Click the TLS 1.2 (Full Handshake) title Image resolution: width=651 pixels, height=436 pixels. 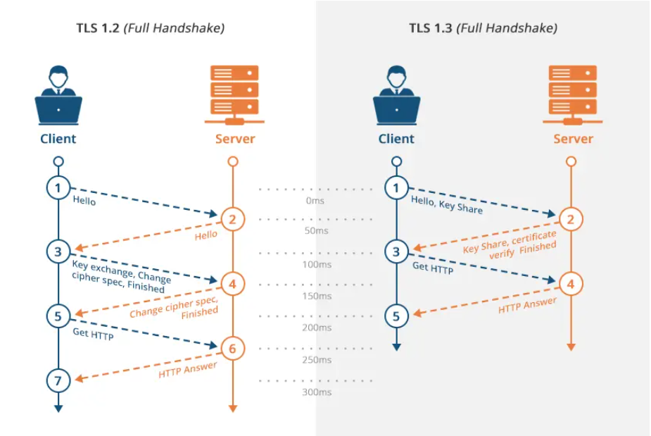[151, 28]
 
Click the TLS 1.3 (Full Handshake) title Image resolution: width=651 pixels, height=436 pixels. [483, 28]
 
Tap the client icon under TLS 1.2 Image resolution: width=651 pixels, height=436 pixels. [58, 94]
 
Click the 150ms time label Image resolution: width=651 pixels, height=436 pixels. [316, 296]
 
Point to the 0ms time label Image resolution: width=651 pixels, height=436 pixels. [316, 201]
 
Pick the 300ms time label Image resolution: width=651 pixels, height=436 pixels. [316, 392]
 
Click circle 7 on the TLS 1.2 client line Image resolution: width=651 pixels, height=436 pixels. [58, 381]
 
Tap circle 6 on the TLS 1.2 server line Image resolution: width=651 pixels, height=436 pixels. [233, 348]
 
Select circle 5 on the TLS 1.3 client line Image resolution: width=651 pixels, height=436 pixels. [396, 316]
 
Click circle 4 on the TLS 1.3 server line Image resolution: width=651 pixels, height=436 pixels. [571, 285]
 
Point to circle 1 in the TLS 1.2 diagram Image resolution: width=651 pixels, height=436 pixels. [58, 188]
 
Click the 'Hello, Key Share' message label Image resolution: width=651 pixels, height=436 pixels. [447, 205]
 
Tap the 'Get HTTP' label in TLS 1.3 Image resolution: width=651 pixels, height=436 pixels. [432, 268]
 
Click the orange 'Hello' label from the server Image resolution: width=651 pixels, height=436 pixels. [206, 235]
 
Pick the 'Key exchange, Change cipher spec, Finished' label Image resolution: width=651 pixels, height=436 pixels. [119, 277]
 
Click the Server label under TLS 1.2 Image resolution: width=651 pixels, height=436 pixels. [235, 139]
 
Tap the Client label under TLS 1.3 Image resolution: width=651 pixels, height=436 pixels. [396, 139]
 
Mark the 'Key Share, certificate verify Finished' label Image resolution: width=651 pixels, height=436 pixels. [510, 242]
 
